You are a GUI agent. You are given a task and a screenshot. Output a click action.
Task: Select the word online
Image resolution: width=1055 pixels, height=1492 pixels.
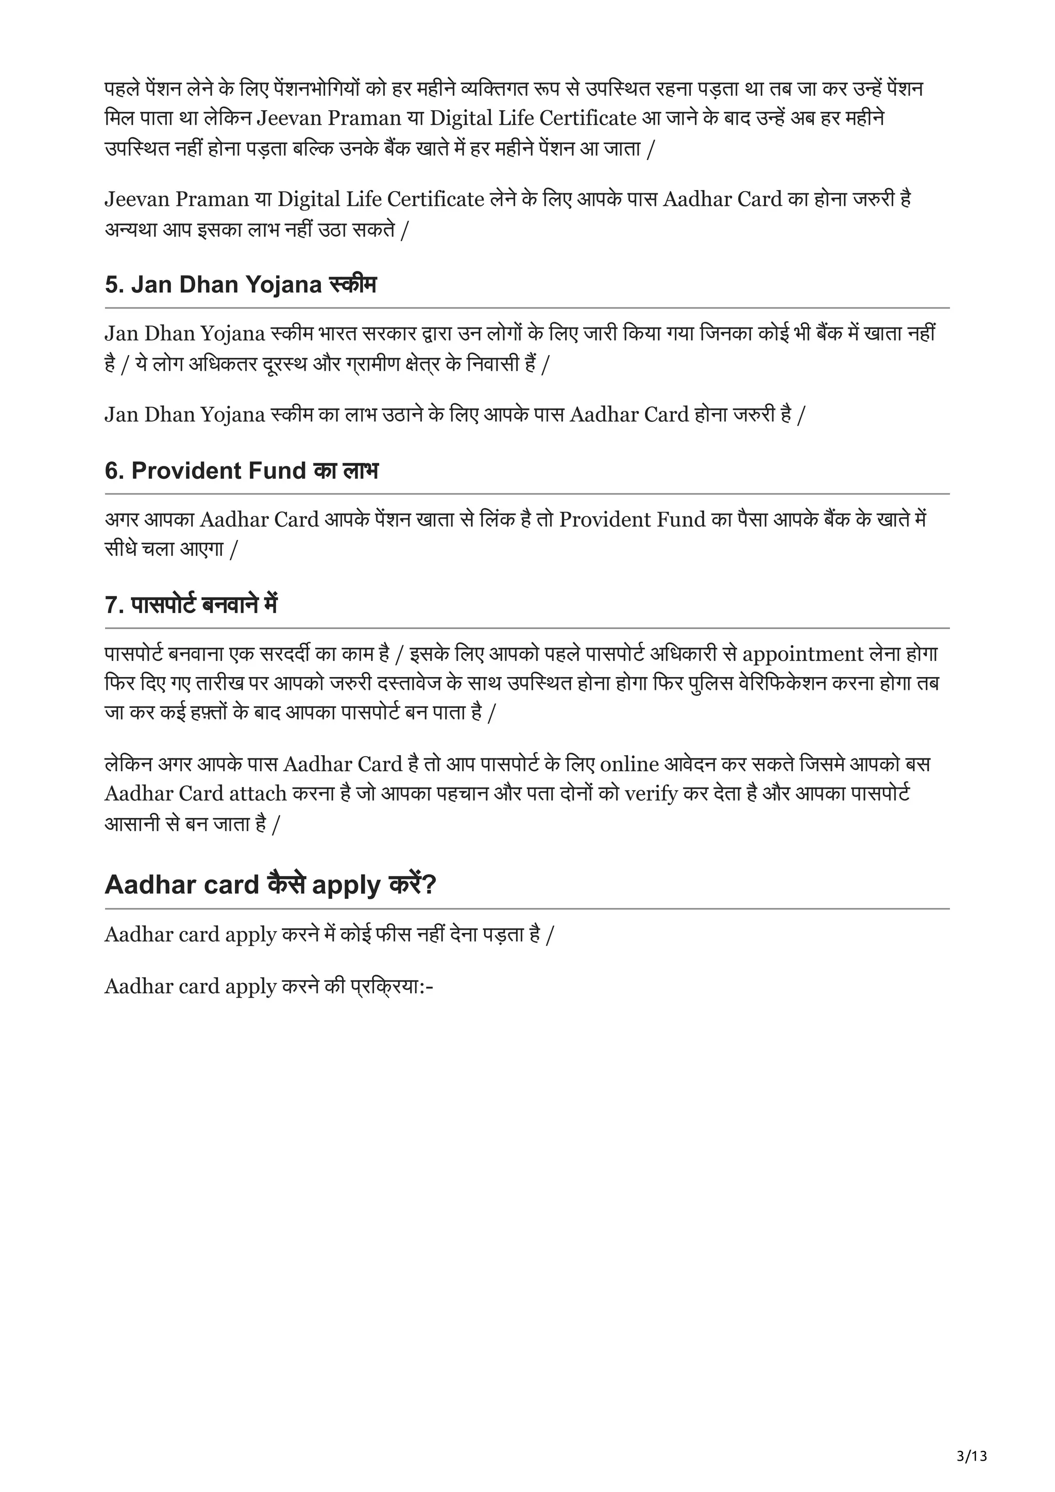click(629, 764)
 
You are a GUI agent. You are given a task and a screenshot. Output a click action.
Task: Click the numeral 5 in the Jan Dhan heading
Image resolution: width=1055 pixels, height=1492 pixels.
click(111, 285)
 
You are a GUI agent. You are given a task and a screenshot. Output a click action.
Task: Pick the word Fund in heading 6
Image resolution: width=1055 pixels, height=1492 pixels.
click(274, 471)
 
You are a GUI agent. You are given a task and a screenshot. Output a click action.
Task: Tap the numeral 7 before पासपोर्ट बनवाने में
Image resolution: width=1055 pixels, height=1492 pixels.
click(111, 605)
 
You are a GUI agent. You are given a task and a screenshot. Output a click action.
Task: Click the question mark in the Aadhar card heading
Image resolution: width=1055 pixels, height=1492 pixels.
click(429, 884)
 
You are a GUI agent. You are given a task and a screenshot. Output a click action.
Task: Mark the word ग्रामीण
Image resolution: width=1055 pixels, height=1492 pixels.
click(388, 364)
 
